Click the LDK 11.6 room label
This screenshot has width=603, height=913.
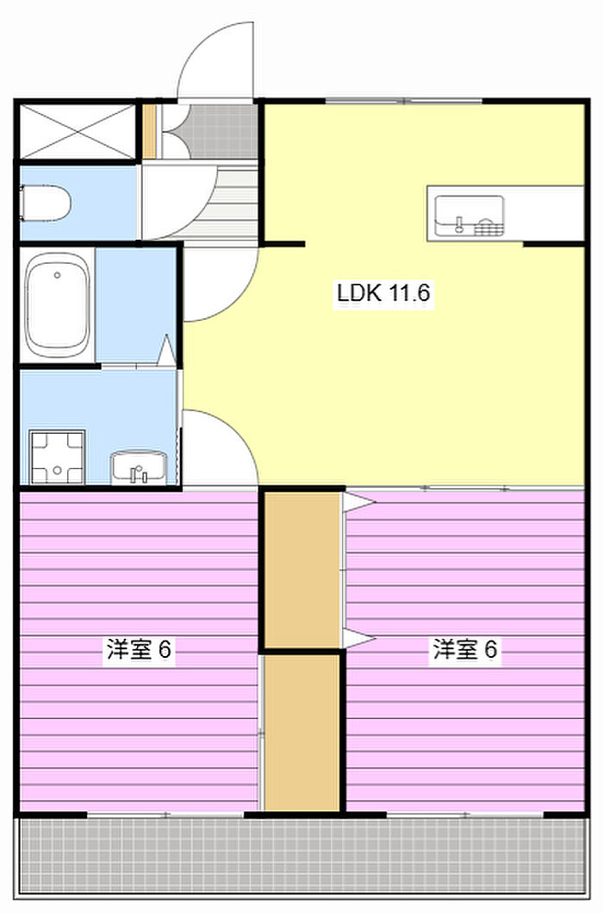tap(383, 292)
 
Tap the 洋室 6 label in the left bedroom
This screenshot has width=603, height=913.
tap(139, 649)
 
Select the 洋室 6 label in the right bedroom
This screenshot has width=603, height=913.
tap(465, 649)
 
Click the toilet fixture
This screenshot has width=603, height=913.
tap(45, 203)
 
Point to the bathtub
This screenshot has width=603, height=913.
tap(57, 306)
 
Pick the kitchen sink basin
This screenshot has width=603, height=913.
tap(469, 216)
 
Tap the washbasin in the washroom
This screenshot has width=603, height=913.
tap(139, 467)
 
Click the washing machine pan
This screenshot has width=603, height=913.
tap(58, 457)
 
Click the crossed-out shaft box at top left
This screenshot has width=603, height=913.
tap(78, 131)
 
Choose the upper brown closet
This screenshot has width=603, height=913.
tap(302, 570)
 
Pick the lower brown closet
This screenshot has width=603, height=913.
tap(302, 732)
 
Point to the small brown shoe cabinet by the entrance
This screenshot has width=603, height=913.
tap(150, 131)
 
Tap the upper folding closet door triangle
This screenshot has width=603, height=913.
tap(358, 502)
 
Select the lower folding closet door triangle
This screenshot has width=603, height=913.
tap(358, 639)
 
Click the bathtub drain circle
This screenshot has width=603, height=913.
tap(57, 275)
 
